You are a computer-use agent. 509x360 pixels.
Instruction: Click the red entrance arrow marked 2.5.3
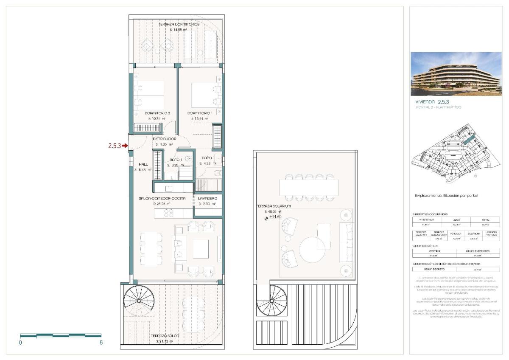pyautogui.click(x=125, y=146)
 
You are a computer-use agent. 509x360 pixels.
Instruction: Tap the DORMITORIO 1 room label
pyautogui.click(x=200, y=113)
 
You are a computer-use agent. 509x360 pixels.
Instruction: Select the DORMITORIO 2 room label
pyautogui.click(x=157, y=113)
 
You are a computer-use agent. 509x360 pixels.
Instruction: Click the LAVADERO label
pyautogui.click(x=207, y=198)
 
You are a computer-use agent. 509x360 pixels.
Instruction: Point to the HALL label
pyautogui.click(x=143, y=164)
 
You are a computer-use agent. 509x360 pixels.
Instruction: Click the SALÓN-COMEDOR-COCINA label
pyautogui.click(x=162, y=198)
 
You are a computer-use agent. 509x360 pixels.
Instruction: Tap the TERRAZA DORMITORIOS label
pyautogui.click(x=179, y=25)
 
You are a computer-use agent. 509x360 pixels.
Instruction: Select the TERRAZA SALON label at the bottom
pyautogui.click(x=167, y=336)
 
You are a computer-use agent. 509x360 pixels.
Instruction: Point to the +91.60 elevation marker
pyautogui.click(x=275, y=217)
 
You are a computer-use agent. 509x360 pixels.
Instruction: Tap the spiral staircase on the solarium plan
pyautogui.click(x=272, y=300)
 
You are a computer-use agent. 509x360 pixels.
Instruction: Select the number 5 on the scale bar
pyautogui.click(x=101, y=343)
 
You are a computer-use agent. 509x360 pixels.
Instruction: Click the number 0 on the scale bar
pyautogui.click(x=20, y=343)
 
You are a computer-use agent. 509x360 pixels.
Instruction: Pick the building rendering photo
pyautogui.click(x=456, y=74)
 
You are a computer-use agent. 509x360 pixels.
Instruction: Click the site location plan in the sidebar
pyautogui.click(x=456, y=152)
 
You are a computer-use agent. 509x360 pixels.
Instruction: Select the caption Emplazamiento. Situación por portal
pyautogui.click(x=446, y=196)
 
